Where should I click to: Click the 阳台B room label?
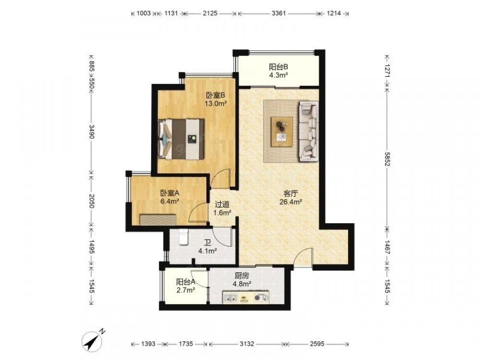click(278, 67)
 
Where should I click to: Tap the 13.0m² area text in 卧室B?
click(216, 103)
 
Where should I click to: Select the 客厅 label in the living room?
click(291, 193)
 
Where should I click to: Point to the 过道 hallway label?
click(222, 204)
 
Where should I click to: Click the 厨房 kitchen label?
click(242, 276)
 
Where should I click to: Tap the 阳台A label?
click(186, 282)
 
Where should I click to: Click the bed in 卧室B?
click(181, 139)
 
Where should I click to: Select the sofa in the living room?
click(309, 131)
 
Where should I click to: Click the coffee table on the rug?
click(282, 132)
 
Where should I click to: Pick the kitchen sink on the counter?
click(230, 297)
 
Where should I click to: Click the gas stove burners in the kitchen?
click(262, 297)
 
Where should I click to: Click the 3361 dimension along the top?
click(278, 13)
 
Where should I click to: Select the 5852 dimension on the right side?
click(387, 159)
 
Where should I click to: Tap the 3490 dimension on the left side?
click(91, 132)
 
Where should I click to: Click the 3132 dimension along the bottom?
click(247, 344)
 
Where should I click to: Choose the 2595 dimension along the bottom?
click(317, 344)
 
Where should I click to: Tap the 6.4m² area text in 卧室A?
click(169, 202)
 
